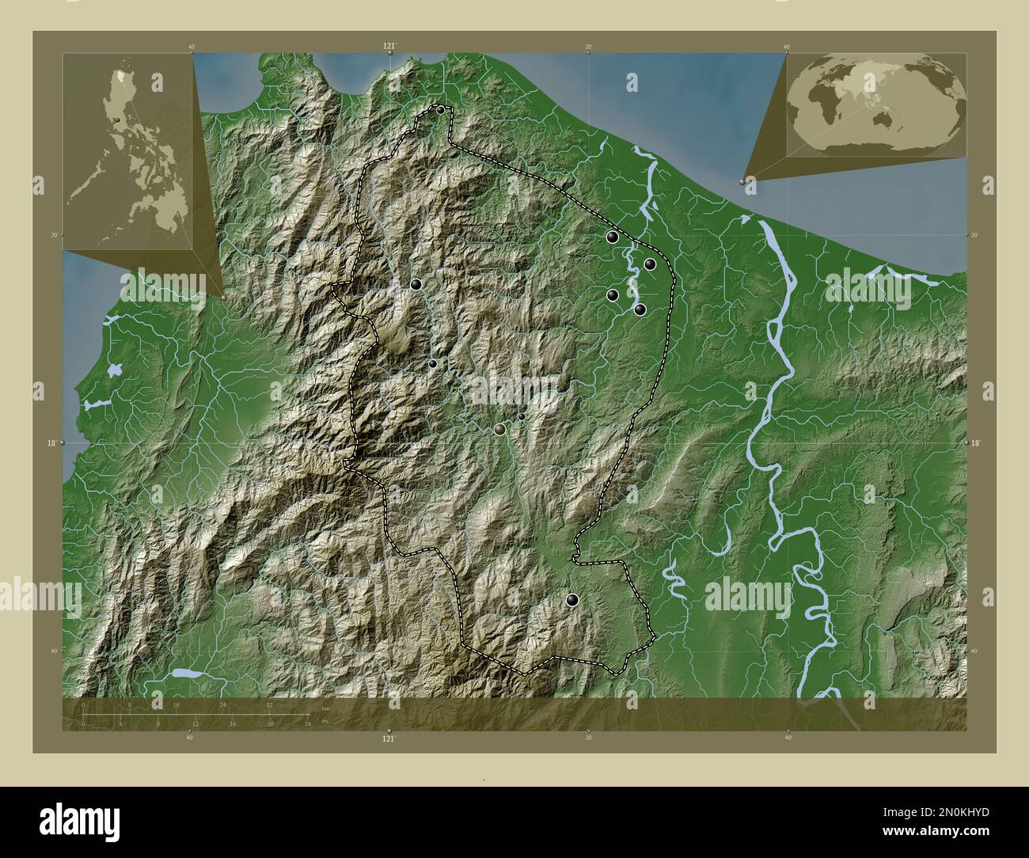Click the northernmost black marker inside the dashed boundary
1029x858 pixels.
click(x=440, y=110)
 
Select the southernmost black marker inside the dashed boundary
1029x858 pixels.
click(x=572, y=602)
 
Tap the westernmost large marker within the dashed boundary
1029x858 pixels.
click(x=416, y=284)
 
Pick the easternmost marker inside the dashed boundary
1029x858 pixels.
click(x=650, y=264)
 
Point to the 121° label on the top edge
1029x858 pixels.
click(x=389, y=47)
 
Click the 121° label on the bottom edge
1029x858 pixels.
click(x=389, y=738)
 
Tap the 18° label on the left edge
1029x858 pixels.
click(x=51, y=443)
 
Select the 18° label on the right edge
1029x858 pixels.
click(x=975, y=443)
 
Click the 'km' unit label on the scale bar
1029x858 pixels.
click(x=325, y=709)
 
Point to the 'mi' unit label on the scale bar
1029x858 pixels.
click(x=325, y=722)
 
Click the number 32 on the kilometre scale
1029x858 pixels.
click(x=269, y=704)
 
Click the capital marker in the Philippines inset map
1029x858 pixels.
click(x=117, y=120)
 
